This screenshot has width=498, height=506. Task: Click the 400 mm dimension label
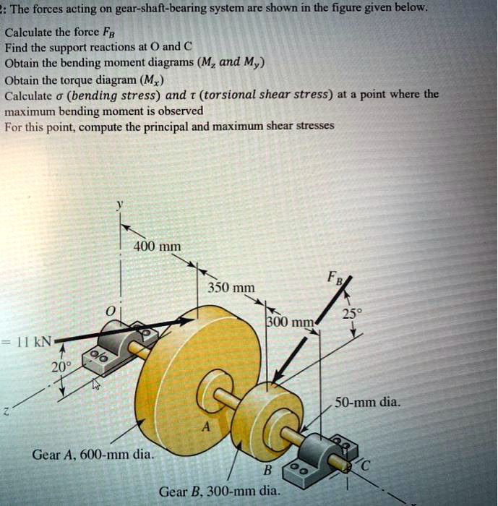(157, 246)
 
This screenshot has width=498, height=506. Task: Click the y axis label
(120, 205)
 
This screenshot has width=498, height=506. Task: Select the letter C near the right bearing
(366, 466)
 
